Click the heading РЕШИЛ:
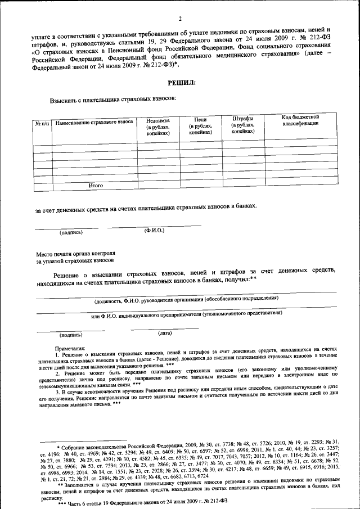pos(182,83)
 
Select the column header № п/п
pos(42,122)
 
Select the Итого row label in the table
pos(96,184)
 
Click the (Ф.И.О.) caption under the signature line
pos(154,231)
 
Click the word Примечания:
pos(70,349)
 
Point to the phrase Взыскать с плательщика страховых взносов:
pos(113,99)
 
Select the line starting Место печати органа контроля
pos(75,254)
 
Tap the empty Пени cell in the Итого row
pos(200,184)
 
